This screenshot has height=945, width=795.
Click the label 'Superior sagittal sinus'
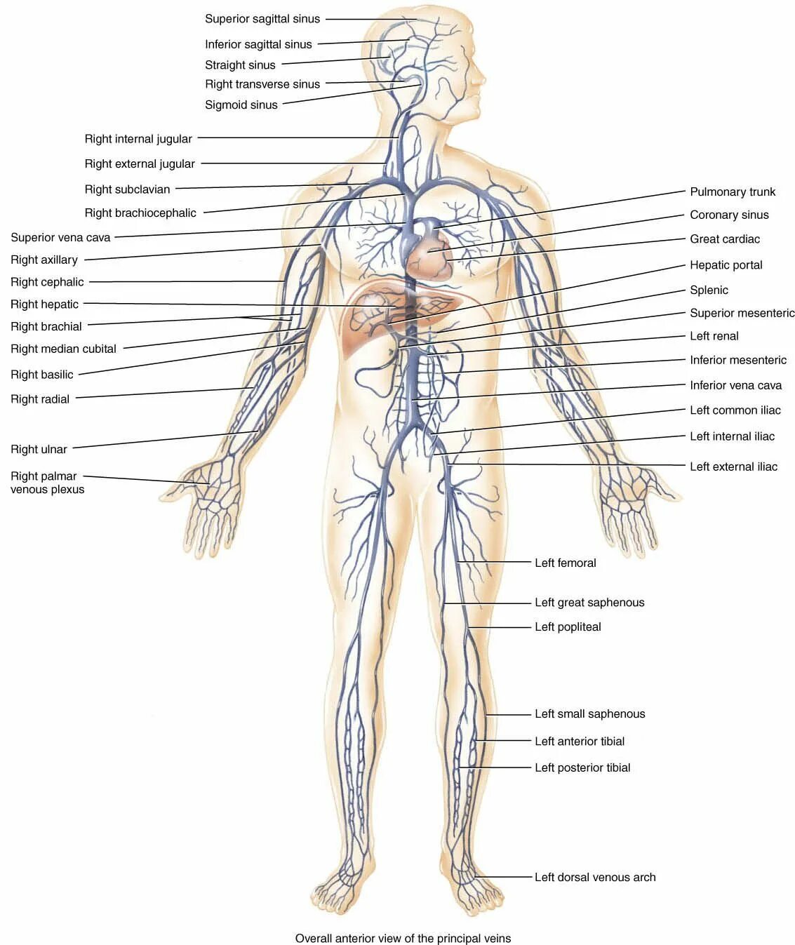pos(262,19)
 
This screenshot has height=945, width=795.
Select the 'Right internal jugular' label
pos(138,139)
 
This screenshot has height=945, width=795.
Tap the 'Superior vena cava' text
pos(60,237)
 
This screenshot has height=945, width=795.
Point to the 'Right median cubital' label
pos(63,349)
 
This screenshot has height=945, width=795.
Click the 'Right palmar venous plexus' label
pos(47,483)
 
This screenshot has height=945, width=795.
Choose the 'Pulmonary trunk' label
pos(733,192)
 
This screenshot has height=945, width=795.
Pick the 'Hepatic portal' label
pos(726,264)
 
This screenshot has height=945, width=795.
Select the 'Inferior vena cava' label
pos(735,385)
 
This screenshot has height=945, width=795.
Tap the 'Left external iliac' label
pos(733,467)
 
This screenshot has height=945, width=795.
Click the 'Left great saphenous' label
pos(589,602)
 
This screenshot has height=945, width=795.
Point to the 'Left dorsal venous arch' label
pos(595,877)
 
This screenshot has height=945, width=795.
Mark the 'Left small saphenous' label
pos(589,713)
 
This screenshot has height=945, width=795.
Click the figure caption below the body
pos(403,938)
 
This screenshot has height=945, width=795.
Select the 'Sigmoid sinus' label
pos(241,105)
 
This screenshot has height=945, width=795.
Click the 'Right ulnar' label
pos(39,449)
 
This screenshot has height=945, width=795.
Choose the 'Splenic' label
pos(709,290)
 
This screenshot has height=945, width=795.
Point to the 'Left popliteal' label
pos(568,626)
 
